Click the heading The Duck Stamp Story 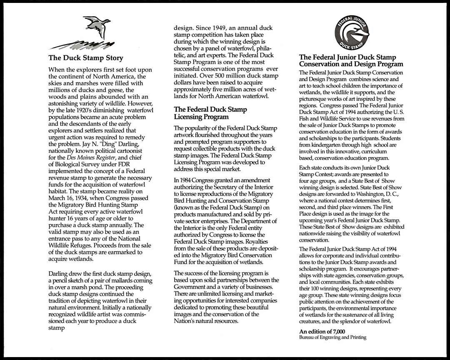tap(86, 58)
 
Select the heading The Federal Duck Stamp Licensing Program tap(210, 113)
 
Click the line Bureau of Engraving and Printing tap(332, 337)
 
